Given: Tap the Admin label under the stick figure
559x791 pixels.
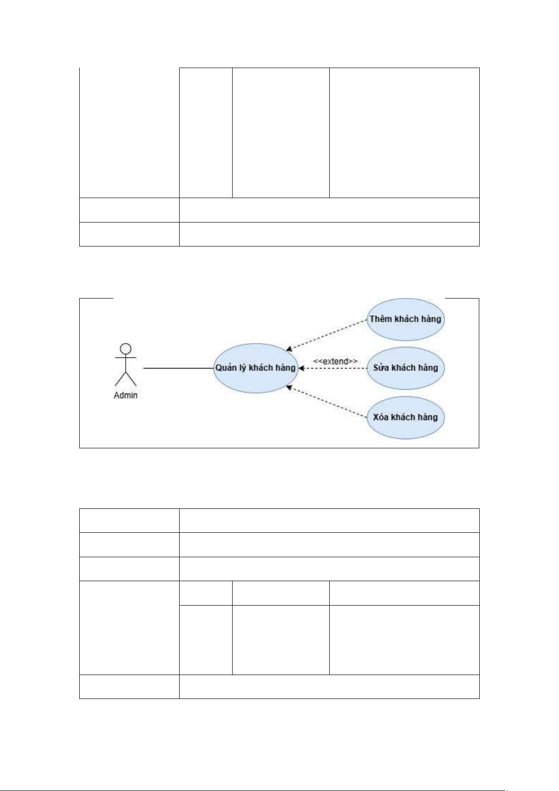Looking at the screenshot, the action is tap(126, 395).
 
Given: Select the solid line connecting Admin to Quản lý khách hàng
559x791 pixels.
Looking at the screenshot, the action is tap(178, 369).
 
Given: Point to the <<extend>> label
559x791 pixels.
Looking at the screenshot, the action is tap(335, 361).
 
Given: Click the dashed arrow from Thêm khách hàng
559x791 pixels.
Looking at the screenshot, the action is tap(327, 335).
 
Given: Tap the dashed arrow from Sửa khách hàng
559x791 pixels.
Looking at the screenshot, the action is tap(333, 369).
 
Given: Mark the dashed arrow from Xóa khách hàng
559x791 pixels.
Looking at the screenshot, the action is tap(327, 402).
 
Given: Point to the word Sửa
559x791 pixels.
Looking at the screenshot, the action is tap(381, 368).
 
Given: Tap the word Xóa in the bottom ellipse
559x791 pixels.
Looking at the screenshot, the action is tap(381, 417).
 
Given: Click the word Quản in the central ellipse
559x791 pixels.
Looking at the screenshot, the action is tap(226, 368).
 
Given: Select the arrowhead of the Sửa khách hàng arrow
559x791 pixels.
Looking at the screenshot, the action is tap(301, 369).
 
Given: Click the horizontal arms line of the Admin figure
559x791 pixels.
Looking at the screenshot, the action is tap(126, 358).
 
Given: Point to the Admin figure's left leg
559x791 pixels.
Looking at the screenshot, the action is tap(120, 378).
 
